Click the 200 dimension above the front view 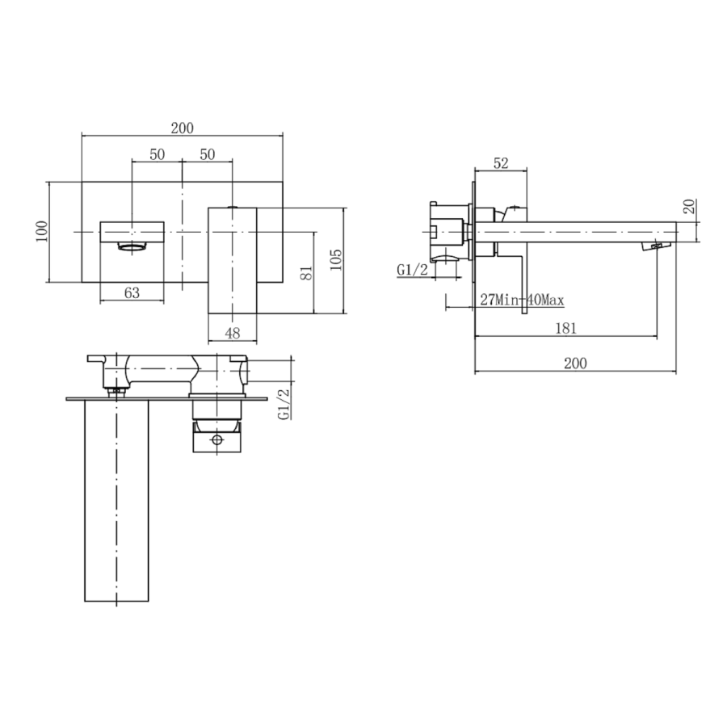coord(183,128)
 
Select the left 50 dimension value coord(158,154)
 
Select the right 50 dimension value coord(207,154)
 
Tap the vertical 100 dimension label coord(42,232)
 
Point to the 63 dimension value coord(132,293)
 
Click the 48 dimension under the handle coord(233,332)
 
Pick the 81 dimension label coord(305,272)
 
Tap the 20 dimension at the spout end coord(689,206)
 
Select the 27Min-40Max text coord(522,300)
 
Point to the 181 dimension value coord(566,327)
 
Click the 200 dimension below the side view coord(574,363)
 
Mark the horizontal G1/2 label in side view coord(412,270)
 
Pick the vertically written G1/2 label coord(284,403)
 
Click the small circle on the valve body coord(216,440)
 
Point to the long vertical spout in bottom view coord(118,501)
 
